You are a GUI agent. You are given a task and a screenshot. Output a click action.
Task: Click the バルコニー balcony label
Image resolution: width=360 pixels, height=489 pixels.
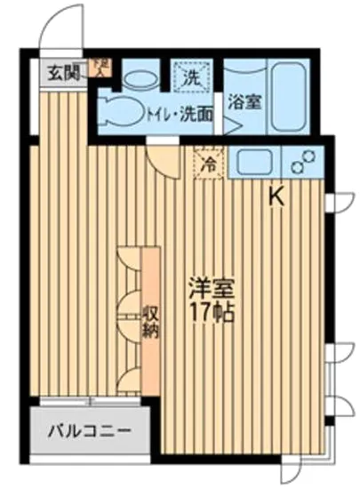pyautogui.click(x=89, y=430)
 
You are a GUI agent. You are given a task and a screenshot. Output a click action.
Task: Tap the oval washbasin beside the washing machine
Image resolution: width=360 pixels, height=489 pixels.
pyautogui.click(x=139, y=79)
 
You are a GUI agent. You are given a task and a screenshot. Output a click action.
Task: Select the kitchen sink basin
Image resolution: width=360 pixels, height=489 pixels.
pyautogui.click(x=254, y=162)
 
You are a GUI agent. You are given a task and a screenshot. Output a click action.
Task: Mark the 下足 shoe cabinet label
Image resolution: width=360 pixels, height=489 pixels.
pyautogui.click(x=104, y=65)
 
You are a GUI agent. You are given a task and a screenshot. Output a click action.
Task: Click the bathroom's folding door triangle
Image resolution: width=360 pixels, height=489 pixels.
pyautogui.click(x=230, y=124)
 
